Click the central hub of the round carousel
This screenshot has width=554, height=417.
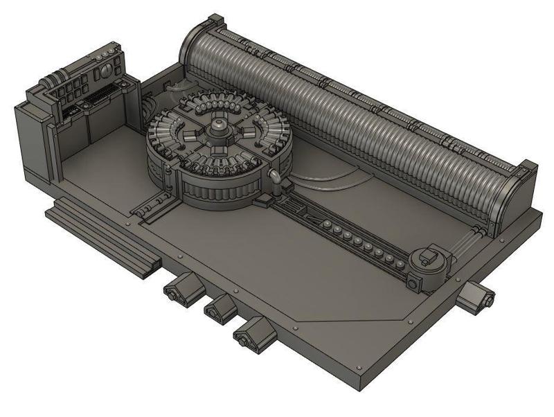(x=219, y=126)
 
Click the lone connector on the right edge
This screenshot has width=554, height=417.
(x=477, y=297)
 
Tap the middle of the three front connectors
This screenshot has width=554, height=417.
(x=220, y=308)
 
